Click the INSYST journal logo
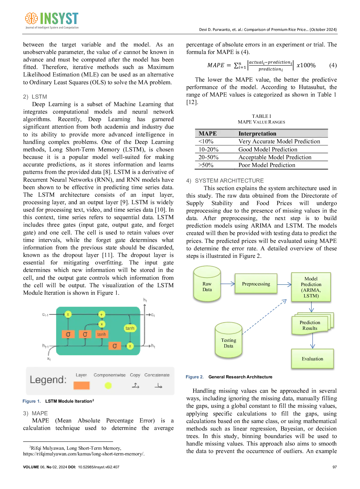(52, 20)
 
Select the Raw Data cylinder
(207, 284)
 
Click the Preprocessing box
(256, 284)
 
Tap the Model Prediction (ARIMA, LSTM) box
(311, 287)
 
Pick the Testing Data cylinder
(229, 340)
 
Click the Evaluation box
(312, 359)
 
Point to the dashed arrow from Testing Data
(264, 317)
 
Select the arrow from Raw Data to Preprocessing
(228, 284)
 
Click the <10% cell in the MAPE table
(206, 142)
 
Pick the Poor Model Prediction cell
(267, 165)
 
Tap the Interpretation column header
(257, 133)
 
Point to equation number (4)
(333, 65)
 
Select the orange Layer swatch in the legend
(82, 386)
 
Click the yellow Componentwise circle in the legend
(108, 386)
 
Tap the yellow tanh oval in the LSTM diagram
(130, 328)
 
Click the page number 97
(334, 467)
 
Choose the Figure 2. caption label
(194, 377)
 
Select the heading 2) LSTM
(35, 97)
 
